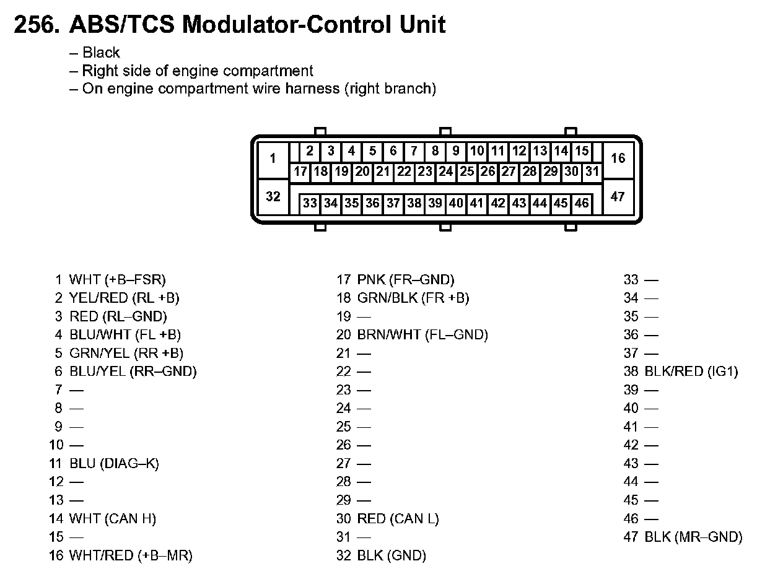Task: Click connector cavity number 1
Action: [x=273, y=159]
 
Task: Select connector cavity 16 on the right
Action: [x=618, y=159]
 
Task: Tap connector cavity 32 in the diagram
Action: [x=273, y=197]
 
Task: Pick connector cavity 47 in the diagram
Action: [x=618, y=197]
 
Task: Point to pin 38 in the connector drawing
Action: [x=414, y=203]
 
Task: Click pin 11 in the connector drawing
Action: [x=498, y=150]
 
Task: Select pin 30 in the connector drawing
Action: [x=571, y=172]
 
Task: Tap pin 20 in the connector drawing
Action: [x=362, y=172]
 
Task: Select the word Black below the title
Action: [x=101, y=53]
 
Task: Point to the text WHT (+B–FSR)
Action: [x=118, y=280]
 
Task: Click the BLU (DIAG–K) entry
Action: [x=114, y=463]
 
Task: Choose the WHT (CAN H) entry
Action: [x=113, y=518]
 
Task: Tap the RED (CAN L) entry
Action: [x=398, y=518]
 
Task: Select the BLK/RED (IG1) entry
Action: [x=691, y=372]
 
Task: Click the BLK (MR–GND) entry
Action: [x=693, y=537]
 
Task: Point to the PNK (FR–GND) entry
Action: [x=406, y=280]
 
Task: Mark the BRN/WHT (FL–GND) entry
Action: [x=422, y=335]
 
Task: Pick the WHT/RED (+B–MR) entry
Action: [x=131, y=555]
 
